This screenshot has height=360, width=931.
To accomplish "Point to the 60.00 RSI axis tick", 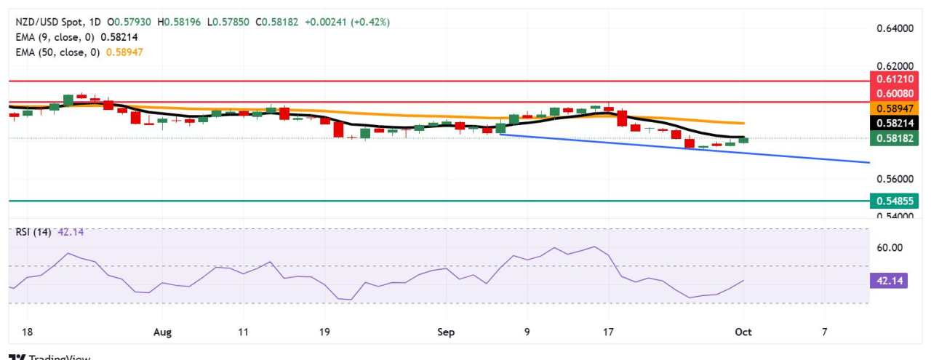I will (x=890, y=247).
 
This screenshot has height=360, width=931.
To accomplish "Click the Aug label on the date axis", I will (x=163, y=332).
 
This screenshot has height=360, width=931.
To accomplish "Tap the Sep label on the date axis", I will (x=446, y=332).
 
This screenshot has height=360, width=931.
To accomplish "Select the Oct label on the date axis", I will (x=743, y=332).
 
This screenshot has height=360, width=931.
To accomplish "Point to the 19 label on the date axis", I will (x=324, y=332).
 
